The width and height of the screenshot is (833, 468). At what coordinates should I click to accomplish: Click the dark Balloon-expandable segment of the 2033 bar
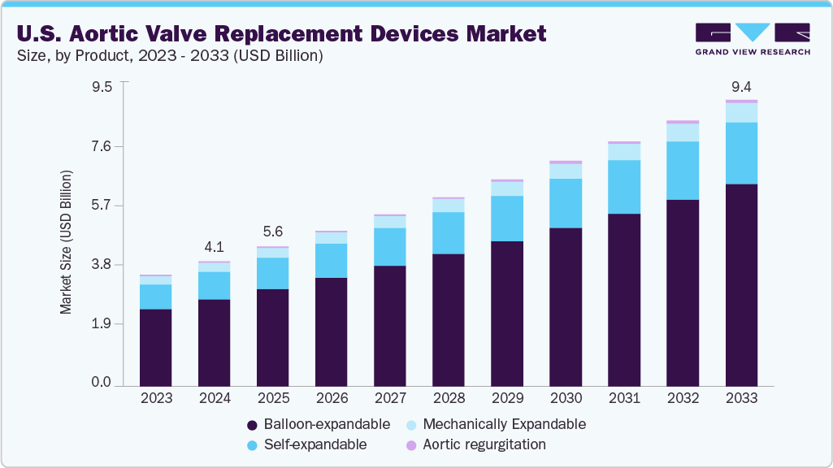741,284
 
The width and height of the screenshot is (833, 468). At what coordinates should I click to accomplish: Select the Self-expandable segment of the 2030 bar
566,203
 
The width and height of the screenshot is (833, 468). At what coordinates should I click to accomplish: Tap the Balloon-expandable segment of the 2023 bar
155,347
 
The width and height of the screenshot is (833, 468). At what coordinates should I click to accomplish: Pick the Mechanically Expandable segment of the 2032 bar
683,132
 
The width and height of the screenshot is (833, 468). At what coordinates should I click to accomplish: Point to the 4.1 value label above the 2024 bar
214,246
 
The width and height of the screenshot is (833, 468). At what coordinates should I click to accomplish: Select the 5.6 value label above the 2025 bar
272,231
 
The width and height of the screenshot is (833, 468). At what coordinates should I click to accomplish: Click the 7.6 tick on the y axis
102,146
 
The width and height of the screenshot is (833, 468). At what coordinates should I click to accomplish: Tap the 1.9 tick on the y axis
102,323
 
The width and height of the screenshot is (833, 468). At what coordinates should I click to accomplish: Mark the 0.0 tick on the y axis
102,383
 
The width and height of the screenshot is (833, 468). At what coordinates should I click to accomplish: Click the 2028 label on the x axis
449,399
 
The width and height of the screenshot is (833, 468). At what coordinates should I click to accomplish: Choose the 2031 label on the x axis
624,399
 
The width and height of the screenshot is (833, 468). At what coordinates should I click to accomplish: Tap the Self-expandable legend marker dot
251,445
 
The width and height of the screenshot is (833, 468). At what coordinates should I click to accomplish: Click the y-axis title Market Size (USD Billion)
66,242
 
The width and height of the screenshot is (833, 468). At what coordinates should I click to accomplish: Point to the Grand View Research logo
752,38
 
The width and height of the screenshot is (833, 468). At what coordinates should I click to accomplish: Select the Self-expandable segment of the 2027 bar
389,246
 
